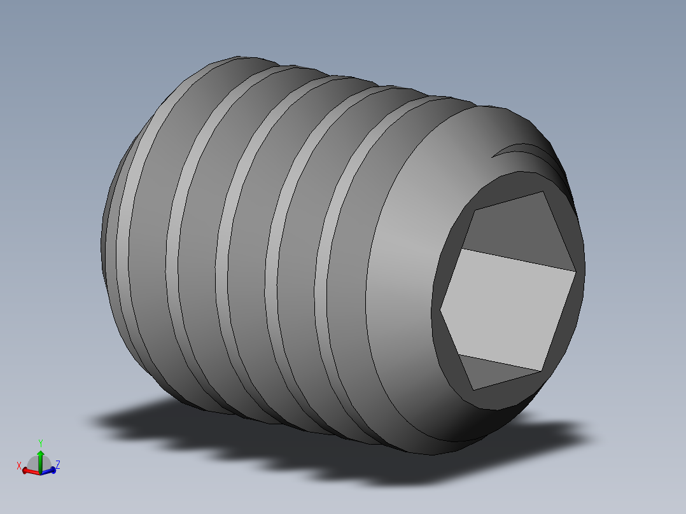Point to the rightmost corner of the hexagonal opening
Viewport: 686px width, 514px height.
click(576, 272)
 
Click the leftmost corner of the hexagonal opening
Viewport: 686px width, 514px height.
click(440, 310)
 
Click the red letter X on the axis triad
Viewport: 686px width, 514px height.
click(20, 465)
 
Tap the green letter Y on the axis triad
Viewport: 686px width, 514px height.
click(40, 443)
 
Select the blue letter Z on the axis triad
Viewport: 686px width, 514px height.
click(57, 465)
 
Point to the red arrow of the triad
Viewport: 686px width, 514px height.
click(30, 471)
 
